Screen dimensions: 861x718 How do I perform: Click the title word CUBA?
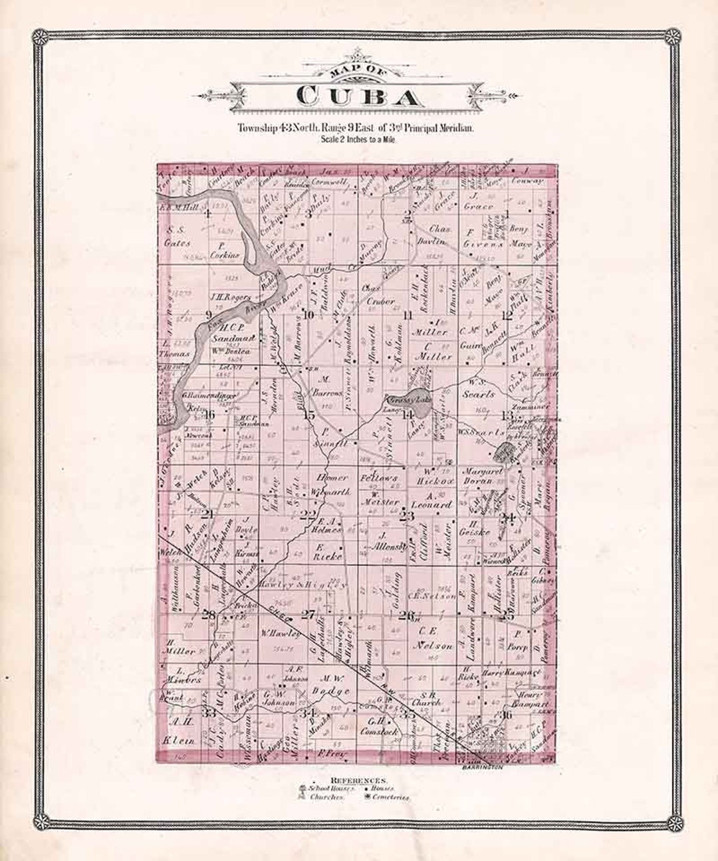359,98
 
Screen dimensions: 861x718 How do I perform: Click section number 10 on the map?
308,315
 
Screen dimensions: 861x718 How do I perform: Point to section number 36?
507,715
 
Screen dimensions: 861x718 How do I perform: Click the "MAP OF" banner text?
360,73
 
